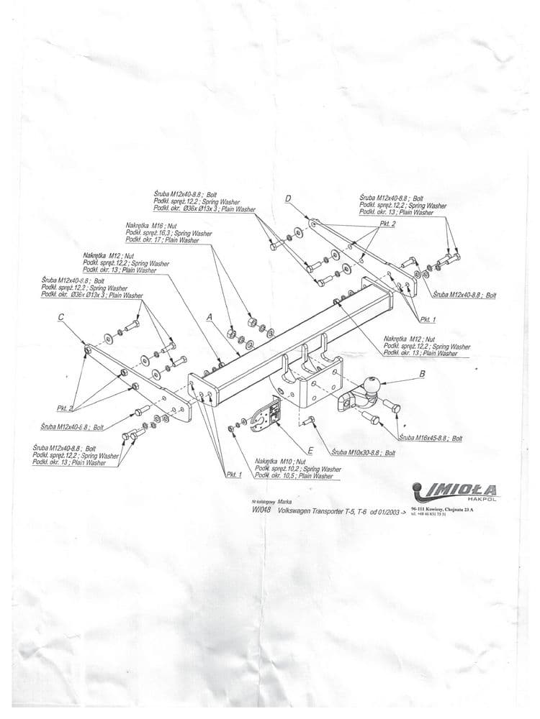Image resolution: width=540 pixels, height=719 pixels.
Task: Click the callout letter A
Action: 209,316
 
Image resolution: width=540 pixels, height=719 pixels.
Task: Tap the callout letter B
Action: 423,373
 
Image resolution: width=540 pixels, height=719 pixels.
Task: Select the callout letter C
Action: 61,317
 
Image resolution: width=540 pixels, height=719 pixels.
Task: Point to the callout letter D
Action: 288,199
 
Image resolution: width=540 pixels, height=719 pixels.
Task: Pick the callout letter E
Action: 310,450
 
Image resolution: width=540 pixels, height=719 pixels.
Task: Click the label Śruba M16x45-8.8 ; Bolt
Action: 430,438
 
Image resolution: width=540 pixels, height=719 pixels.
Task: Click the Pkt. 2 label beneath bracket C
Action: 66,408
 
